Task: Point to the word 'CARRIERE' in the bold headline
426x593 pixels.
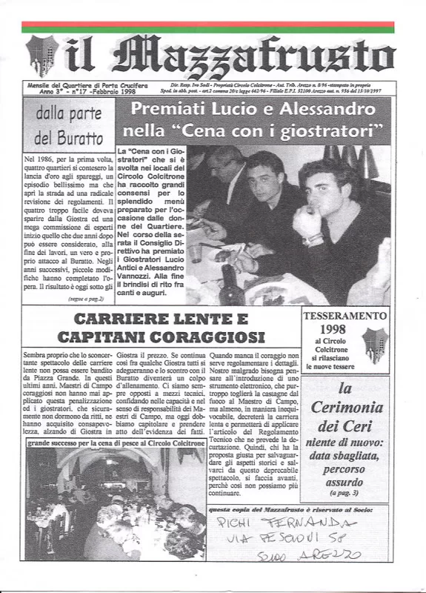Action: (126, 319)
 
